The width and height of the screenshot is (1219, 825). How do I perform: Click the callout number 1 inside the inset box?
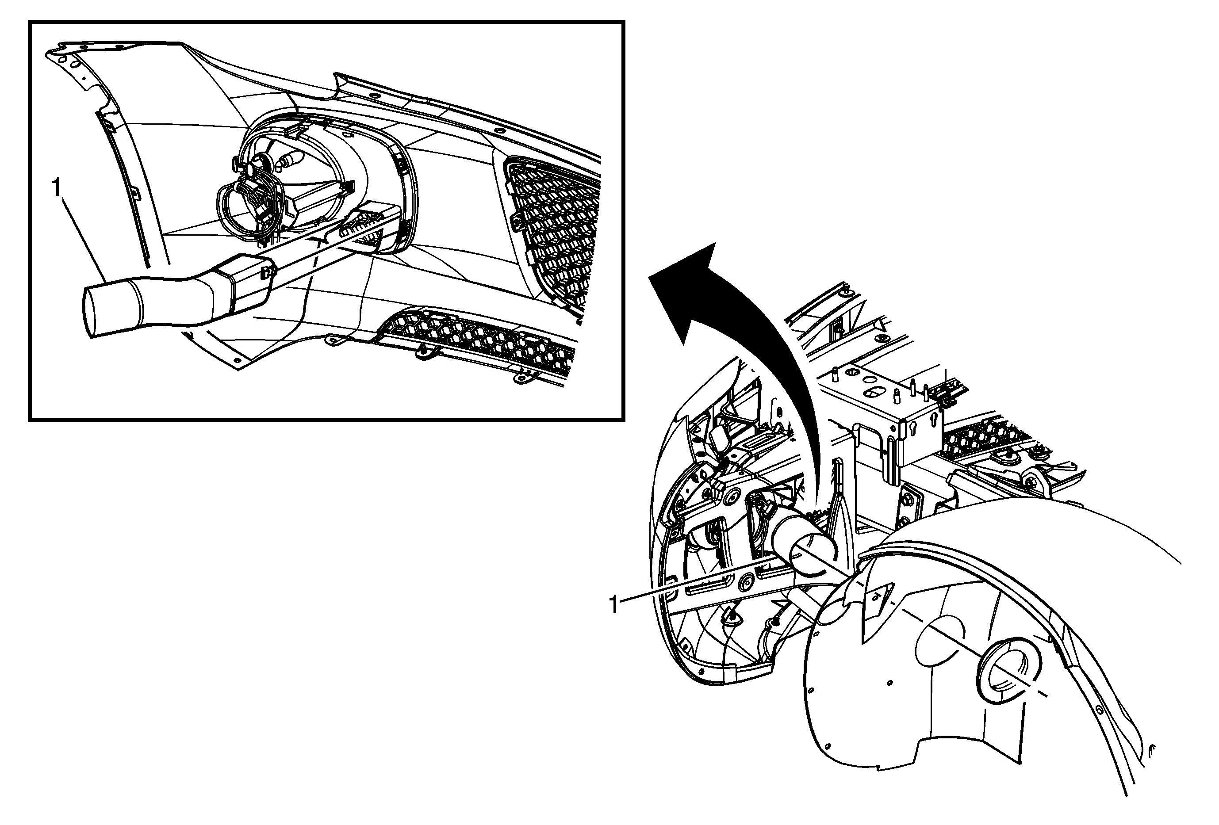coord(57,187)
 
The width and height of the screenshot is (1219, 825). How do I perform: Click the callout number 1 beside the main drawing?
coord(613,605)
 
